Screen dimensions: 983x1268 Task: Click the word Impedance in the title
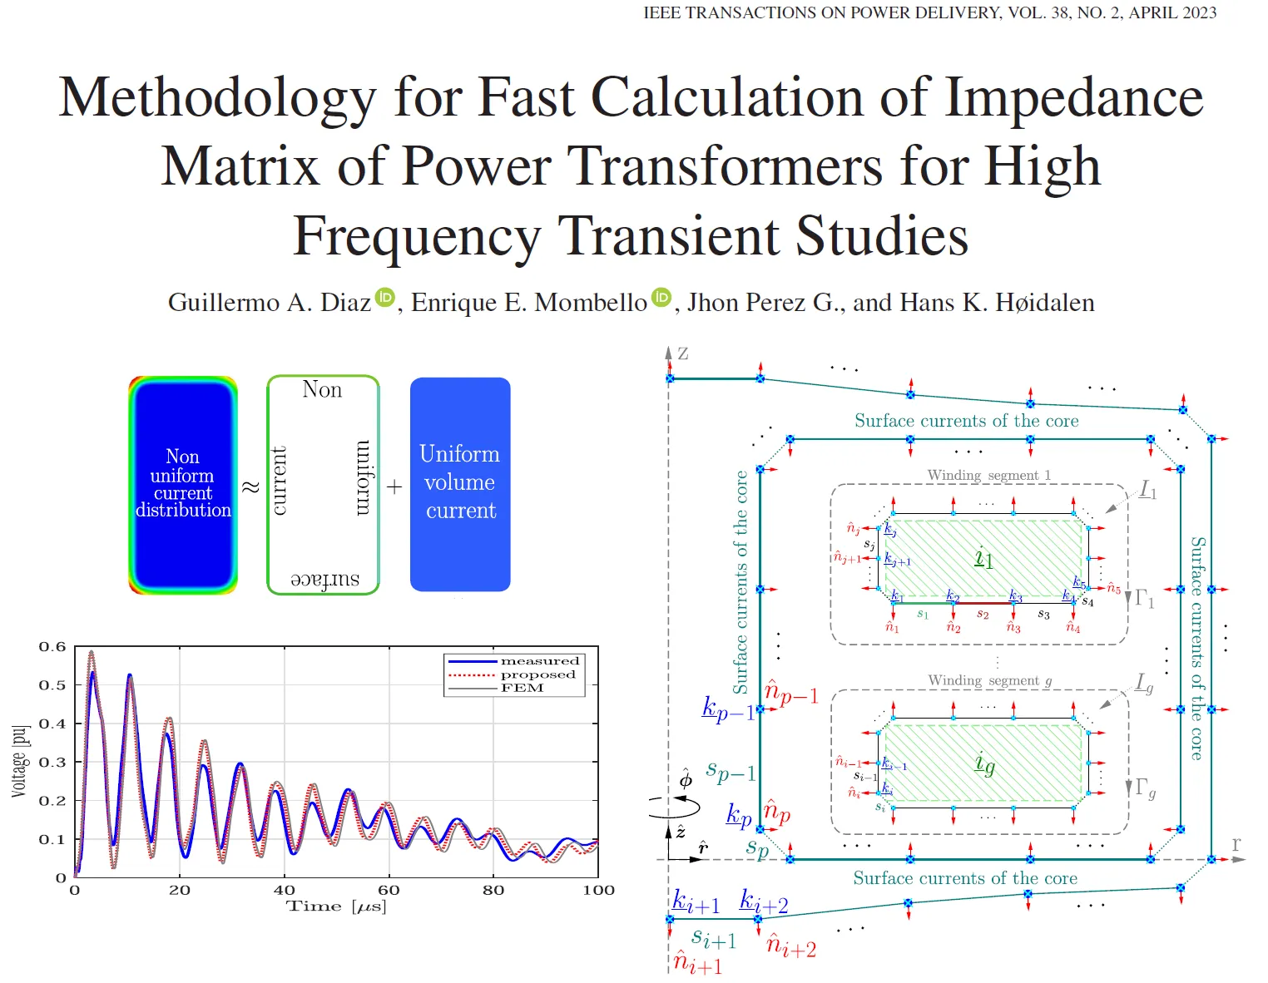1074,98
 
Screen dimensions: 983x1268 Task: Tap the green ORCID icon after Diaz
384,297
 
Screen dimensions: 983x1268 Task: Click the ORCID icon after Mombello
661,297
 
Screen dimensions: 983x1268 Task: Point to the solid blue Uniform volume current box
460,484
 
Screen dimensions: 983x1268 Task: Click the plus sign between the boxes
394,487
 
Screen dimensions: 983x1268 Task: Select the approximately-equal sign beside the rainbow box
250,487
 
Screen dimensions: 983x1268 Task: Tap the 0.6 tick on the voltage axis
52,646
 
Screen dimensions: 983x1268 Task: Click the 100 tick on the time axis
598,890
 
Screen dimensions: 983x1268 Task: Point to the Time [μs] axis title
336,906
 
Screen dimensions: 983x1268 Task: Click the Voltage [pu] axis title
19,761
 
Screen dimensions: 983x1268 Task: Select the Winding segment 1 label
988,475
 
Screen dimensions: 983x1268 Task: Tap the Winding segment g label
989,680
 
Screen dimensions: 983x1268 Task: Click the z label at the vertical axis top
683,353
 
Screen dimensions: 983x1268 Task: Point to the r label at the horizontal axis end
1236,844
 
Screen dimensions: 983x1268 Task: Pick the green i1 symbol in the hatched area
983,558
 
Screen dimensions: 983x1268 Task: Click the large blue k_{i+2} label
763,901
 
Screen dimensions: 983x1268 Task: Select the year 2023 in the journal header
1198,12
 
